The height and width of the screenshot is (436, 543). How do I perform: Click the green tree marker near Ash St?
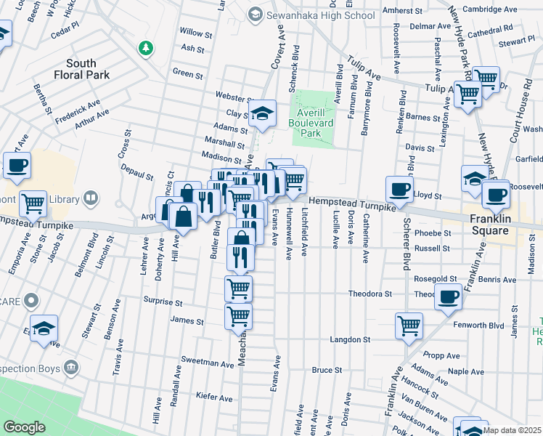(x=147, y=48)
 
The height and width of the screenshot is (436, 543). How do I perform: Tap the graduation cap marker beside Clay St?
(x=262, y=113)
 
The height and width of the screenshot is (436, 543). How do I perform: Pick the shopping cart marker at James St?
(x=239, y=317)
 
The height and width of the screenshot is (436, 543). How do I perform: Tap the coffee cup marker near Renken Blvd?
(x=399, y=189)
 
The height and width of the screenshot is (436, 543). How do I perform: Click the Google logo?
(x=24, y=427)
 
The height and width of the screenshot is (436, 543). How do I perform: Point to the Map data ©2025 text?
(x=513, y=429)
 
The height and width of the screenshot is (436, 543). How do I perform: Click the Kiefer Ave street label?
(x=214, y=397)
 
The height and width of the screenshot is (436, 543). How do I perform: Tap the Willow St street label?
(x=196, y=33)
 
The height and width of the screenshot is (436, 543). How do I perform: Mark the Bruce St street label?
(x=327, y=370)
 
